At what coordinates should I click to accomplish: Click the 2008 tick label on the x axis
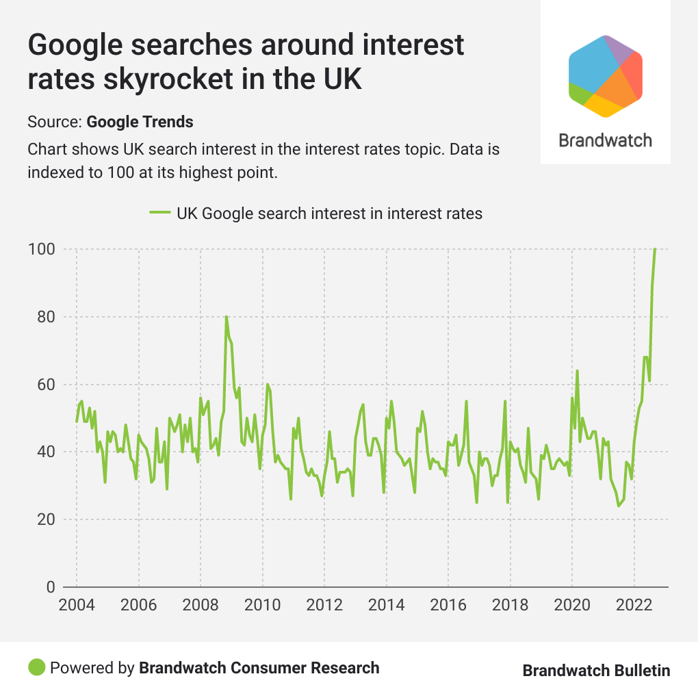coord(201,606)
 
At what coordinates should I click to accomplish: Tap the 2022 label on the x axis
coord(634,606)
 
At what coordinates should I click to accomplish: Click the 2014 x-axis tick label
coord(386,606)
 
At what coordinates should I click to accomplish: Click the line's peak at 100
coord(655,249)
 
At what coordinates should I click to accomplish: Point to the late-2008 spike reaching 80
coord(226,317)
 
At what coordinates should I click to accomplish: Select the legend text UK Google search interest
coord(329,214)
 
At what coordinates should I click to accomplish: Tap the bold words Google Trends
coord(140,122)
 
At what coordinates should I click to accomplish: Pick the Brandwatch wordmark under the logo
coord(605,140)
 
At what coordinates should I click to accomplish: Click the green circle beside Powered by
coord(37,667)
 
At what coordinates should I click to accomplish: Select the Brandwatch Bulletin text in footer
coord(596,671)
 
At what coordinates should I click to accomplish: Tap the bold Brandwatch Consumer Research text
coord(259,667)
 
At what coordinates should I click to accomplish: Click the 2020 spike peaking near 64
coord(577,371)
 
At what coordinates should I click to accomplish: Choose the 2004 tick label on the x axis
coord(76,606)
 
